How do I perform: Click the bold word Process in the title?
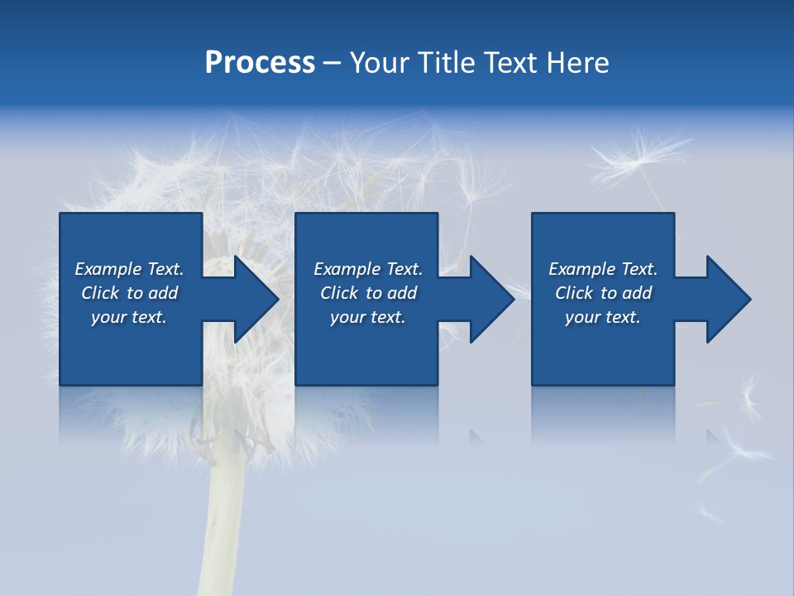[260, 63]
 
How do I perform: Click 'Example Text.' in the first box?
[129, 269]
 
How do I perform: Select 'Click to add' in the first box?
[129, 293]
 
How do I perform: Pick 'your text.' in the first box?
[129, 317]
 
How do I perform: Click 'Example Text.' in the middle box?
[367, 269]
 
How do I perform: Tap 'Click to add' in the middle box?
[367, 293]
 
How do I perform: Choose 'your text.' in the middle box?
[367, 317]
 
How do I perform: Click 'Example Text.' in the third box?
[603, 269]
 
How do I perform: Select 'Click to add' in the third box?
[603, 293]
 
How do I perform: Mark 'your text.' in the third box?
[603, 317]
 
